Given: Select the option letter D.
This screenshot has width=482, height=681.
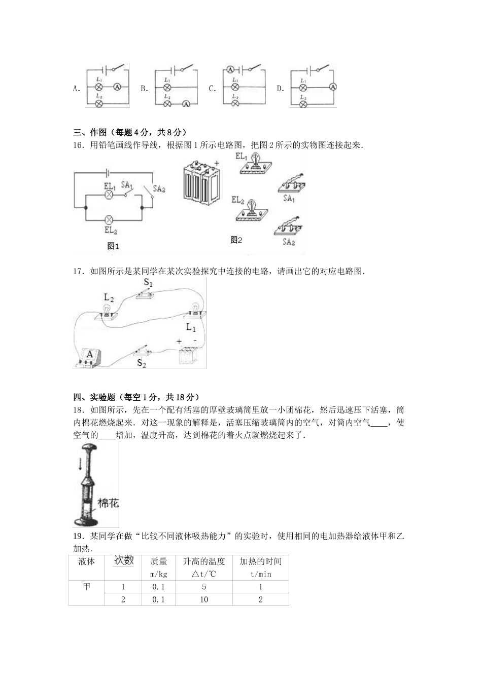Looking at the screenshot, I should [280, 89].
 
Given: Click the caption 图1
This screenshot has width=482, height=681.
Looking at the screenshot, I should [113, 247].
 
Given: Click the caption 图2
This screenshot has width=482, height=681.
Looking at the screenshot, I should [236, 240].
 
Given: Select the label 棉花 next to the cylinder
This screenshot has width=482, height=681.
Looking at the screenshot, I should [108, 504].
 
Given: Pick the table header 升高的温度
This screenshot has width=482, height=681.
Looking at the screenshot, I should [203, 561].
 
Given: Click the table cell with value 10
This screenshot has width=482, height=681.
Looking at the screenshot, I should [203, 599].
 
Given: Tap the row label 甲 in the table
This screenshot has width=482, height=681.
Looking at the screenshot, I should [86, 587].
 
